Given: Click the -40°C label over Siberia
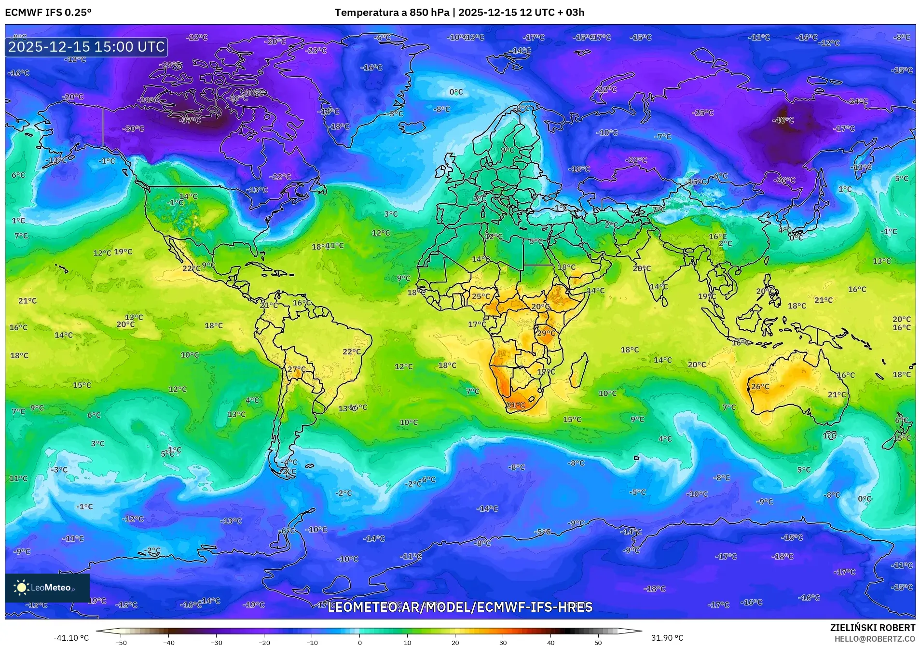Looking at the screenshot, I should [x=783, y=120].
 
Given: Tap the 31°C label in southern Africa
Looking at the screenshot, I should [x=515, y=405].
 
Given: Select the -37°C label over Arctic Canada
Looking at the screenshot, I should [x=190, y=120].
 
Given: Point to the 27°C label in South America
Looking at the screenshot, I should [x=296, y=369].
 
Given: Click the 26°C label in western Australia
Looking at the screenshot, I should [x=760, y=387].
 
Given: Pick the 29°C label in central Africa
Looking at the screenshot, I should [x=546, y=333].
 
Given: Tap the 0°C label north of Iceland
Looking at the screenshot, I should [x=456, y=92].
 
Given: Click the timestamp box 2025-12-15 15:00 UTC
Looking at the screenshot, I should [x=86, y=47].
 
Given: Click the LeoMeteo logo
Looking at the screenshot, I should [x=47, y=588].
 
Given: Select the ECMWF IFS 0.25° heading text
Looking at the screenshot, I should [x=48, y=13].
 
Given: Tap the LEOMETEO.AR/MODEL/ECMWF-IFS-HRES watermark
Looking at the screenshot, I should [x=460, y=607].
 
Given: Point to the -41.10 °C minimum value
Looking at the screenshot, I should [x=71, y=638].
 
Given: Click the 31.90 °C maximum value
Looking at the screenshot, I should [x=667, y=638].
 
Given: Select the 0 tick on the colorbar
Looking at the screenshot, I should [x=359, y=642].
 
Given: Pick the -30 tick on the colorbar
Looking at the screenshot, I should [x=217, y=642].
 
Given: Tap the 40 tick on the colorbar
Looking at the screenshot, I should [x=550, y=642].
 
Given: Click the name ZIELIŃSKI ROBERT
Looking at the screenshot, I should [x=872, y=628].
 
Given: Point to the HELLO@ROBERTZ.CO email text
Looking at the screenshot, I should [x=874, y=639].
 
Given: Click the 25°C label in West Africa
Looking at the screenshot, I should [x=480, y=296].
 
